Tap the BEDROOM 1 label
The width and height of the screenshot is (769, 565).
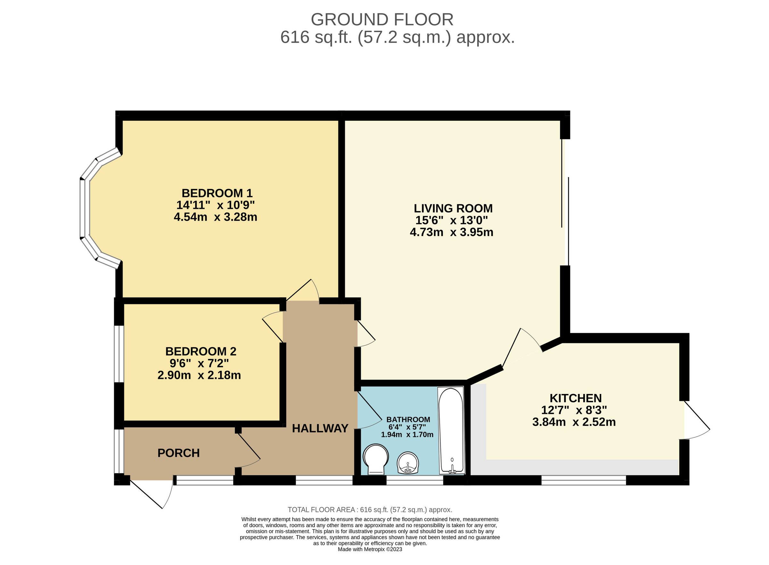click(x=217, y=193)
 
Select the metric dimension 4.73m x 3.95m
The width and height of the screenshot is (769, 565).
click(x=451, y=232)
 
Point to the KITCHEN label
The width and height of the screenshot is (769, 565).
click(x=575, y=398)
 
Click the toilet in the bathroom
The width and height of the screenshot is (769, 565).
click(x=376, y=459)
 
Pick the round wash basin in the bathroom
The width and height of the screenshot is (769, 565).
click(x=408, y=463)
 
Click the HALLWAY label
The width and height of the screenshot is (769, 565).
click(x=320, y=428)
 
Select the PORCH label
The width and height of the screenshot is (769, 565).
click(x=178, y=453)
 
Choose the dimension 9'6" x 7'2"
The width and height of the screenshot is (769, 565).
click(x=199, y=363)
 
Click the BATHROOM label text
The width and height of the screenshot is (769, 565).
click(x=408, y=419)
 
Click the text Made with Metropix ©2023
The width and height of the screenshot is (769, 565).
click(x=370, y=549)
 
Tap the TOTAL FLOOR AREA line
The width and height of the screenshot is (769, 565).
click(x=370, y=510)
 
